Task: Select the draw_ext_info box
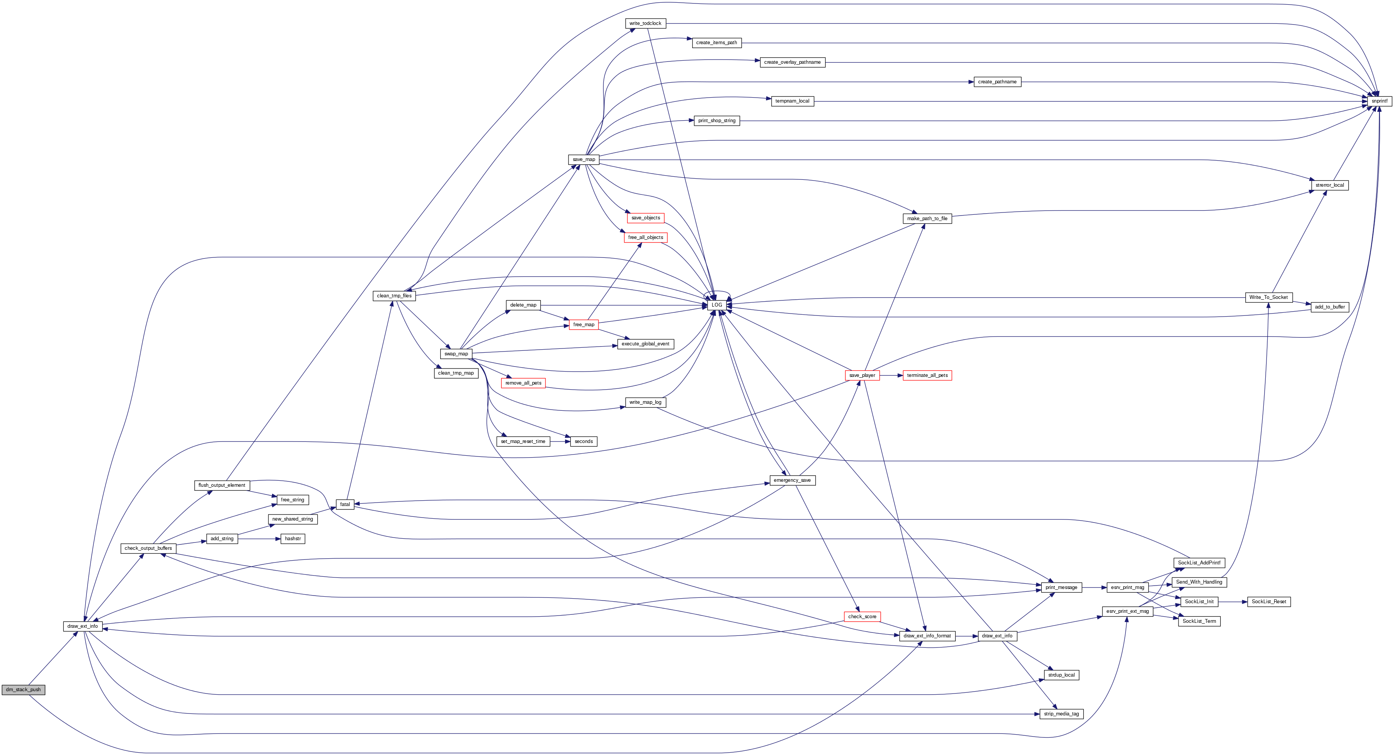point(82,626)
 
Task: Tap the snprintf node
point(1379,101)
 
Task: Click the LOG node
point(716,305)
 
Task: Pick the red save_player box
point(862,375)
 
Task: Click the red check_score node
point(862,616)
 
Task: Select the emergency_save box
point(792,480)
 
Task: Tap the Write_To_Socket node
point(1268,297)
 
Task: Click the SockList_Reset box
point(1268,601)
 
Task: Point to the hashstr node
point(293,539)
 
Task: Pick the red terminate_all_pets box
point(927,375)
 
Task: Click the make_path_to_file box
point(927,219)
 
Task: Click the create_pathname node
point(997,82)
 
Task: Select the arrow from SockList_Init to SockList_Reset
point(1232,601)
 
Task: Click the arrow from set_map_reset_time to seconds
point(560,441)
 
